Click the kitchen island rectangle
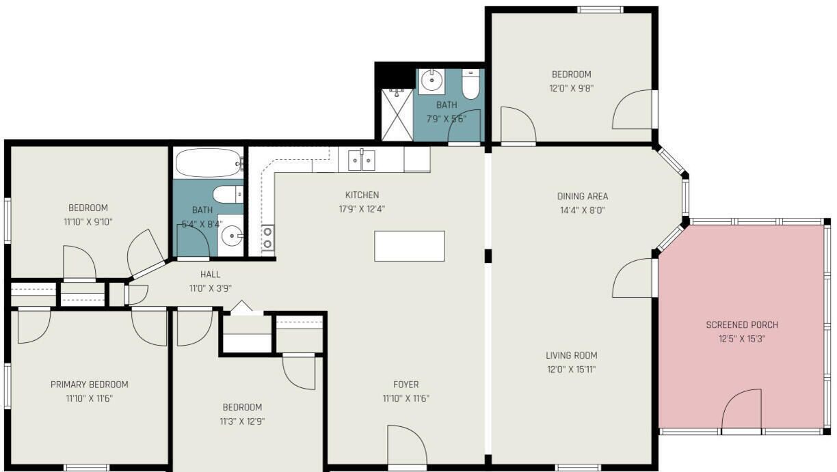[410, 246]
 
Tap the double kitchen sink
[361, 160]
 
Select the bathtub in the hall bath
[209, 163]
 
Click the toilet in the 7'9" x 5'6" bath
[470, 84]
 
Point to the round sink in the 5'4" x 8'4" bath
[232, 236]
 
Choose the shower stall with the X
[397, 115]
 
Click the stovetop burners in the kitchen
[267, 238]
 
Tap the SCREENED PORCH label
[742, 324]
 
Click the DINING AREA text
[583, 196]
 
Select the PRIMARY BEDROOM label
[90, 385]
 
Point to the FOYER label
[406, 385]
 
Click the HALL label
[210, 274]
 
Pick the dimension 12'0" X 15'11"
[571, 370]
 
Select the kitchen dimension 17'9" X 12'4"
[362, 209]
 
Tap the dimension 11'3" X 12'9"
[242, 421]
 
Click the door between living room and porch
[633, 278]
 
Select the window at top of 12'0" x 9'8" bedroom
[600, 10]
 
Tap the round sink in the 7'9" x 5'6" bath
[431, 80]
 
